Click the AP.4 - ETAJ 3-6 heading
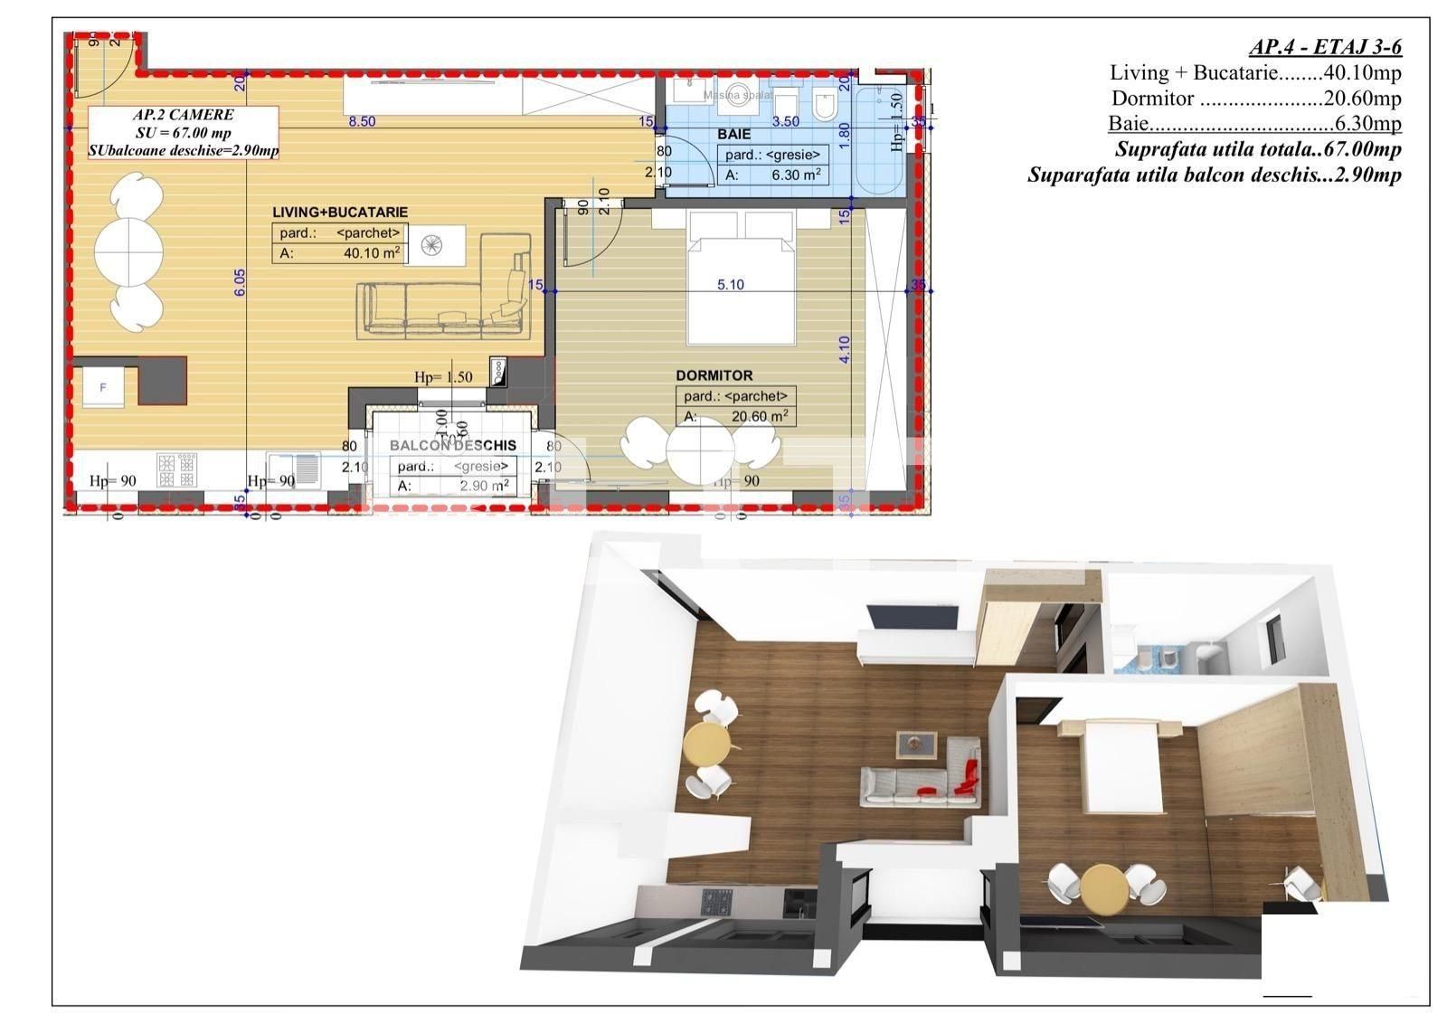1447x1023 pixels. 1324,48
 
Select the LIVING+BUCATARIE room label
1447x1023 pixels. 340,212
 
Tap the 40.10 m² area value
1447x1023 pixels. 372,254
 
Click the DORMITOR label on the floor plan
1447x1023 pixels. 714,375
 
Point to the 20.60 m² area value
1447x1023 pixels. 760,417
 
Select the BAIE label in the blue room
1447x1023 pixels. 733,134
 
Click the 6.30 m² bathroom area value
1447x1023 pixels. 796,175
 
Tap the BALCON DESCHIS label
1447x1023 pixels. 453,446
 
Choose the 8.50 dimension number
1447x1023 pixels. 362,121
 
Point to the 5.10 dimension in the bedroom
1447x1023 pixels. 730,284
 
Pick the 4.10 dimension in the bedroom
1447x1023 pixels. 844,349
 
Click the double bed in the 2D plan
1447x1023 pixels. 742,280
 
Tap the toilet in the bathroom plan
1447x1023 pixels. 824,107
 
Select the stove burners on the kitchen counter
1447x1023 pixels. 176,469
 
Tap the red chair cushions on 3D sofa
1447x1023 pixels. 968,777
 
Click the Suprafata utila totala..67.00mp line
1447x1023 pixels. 1257,149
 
